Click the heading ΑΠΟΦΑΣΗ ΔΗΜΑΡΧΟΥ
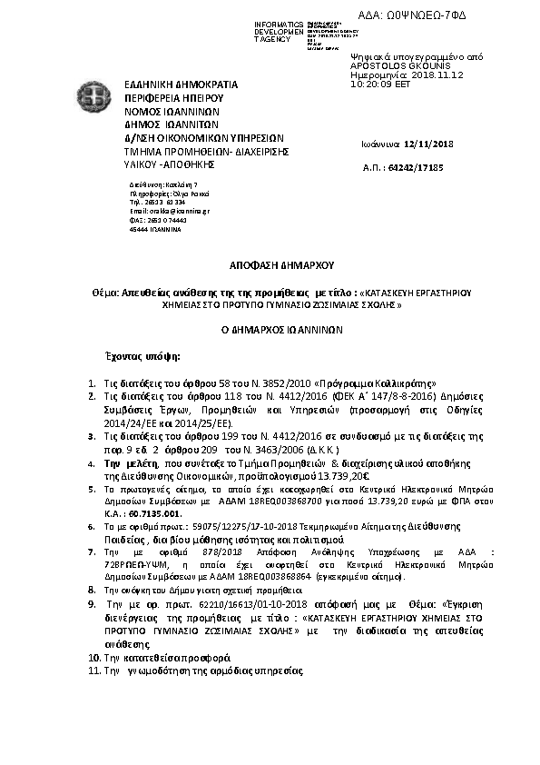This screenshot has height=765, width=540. point(270,267)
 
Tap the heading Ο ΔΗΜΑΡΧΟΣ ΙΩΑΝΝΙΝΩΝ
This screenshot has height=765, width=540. point(270,332)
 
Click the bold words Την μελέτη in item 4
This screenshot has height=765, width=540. point(129,462)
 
